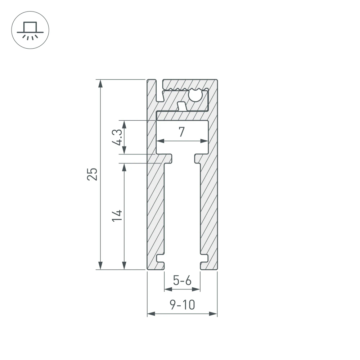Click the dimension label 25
click(93, 174)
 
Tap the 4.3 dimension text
click(117, 138)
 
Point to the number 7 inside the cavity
click(182, 132)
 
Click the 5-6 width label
click(182, 280)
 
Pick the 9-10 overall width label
click(182, 305)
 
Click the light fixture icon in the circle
click(30, 30)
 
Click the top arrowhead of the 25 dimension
click(100, 83)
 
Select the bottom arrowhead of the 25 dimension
click(100, 265)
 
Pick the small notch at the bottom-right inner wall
click(204, 258)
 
